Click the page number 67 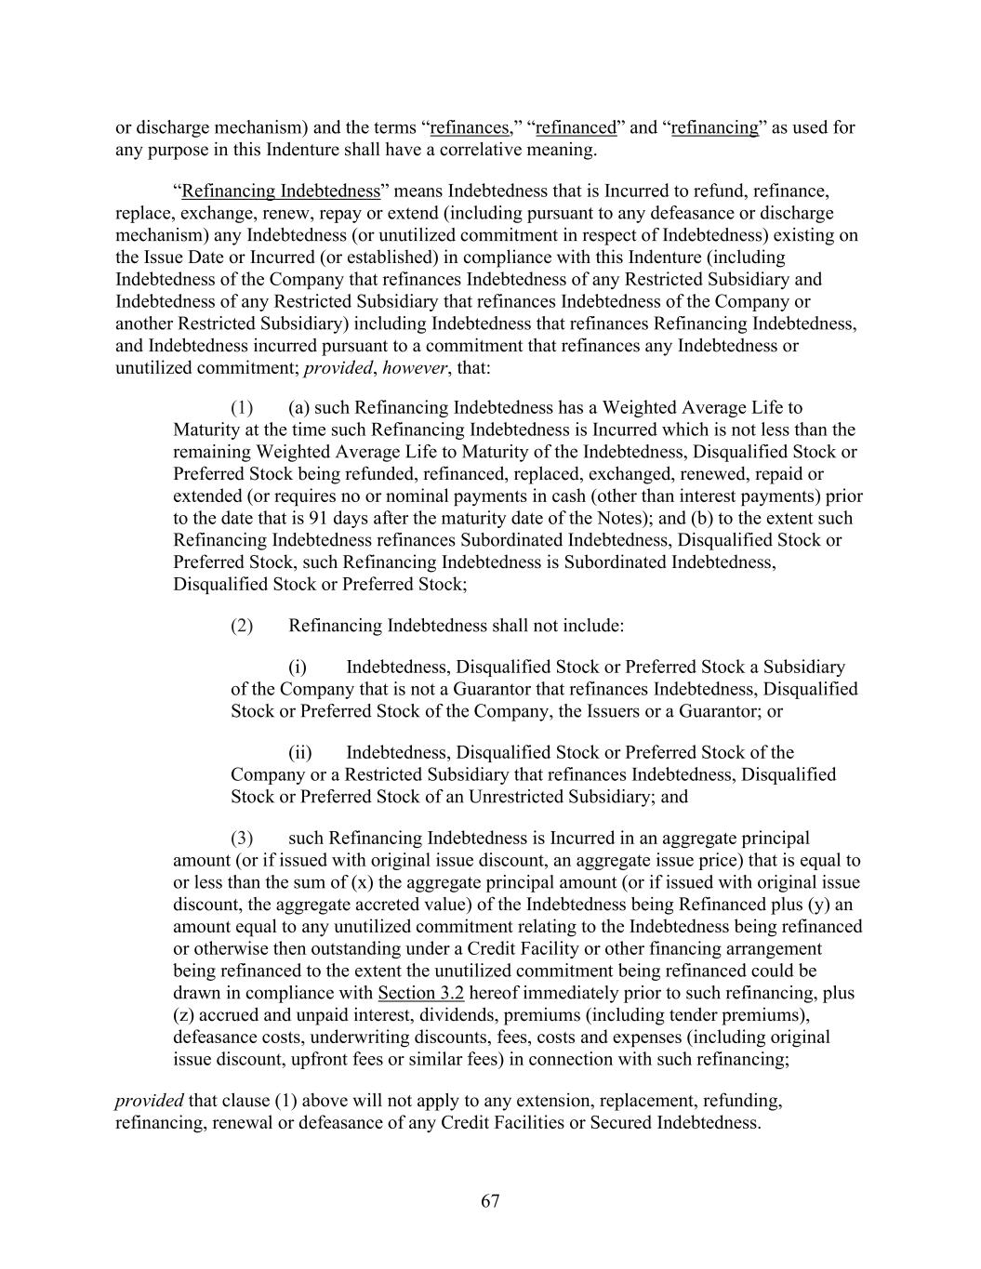490,1201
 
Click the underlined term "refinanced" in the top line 576,127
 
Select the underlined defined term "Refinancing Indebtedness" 281,192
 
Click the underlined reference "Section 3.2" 421,993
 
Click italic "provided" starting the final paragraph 149,1101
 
